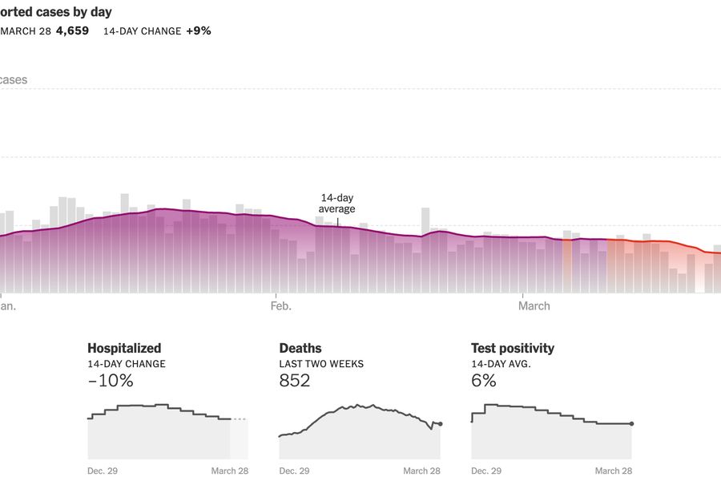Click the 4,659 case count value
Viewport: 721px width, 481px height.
(72, 31)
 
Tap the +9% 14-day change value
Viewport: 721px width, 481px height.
(198, 31)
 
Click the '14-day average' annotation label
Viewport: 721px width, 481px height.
(336, 204)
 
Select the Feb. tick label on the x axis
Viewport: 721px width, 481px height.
(281, 306)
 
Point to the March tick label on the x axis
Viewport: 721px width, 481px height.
(534, 306)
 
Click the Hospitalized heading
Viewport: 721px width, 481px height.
(124, 348)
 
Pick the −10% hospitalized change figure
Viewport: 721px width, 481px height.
(111, 381)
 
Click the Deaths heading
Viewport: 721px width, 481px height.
(300, 348)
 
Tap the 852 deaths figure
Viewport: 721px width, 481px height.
(294, 381)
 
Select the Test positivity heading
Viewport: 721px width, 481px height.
(513, 348)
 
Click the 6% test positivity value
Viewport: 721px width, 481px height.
(484, 381)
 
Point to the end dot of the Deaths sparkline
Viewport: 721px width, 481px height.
(440, 423)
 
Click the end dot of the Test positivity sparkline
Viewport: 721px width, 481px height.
(632, 423)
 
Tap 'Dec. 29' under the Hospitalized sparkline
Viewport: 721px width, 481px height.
(103, 471)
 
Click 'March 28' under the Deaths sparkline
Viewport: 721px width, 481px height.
(421, 471)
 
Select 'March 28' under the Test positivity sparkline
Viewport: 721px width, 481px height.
(614, 471)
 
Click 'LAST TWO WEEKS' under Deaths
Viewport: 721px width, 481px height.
(321, 364)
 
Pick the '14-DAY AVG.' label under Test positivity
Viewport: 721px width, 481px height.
(501, 364)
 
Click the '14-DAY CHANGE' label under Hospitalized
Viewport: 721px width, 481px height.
(127, 364)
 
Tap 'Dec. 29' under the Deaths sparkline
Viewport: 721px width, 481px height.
(294, 471)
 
